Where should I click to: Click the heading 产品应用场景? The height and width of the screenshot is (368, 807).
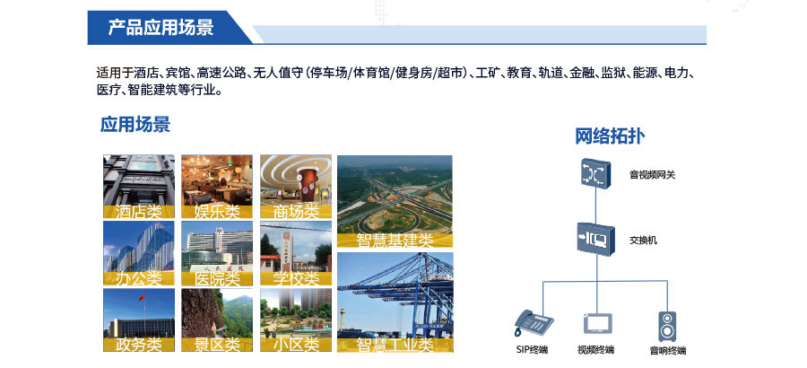[161, 27]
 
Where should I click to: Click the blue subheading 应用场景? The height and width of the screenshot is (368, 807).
[134, 125]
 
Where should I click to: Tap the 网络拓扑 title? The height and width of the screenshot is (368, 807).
[610, 136]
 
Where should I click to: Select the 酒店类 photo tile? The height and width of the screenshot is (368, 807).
[139, 187]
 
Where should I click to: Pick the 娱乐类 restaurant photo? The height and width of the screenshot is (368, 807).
[217, 187]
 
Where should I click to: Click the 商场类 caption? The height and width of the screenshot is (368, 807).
[296, 211]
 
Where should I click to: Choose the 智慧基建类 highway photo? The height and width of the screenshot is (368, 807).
[395, 202]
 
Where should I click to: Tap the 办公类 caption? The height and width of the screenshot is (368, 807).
[138, 279]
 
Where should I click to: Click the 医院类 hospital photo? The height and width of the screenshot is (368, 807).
[217, 254]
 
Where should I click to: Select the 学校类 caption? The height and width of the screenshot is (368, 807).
[296, 279]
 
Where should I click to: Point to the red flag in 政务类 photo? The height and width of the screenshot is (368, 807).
[142, 297]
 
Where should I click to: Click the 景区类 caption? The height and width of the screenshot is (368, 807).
[217, 345]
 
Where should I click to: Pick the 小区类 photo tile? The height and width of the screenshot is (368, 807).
[296, 320]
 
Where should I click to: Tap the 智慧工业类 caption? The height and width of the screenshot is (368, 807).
[395, 345]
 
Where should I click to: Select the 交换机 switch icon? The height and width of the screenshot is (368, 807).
[596, 238]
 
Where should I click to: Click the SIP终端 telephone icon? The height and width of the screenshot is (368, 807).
[534, 322]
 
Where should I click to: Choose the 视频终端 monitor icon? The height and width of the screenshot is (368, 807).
[597, 324]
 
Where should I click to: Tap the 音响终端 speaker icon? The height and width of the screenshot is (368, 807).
[667, 326]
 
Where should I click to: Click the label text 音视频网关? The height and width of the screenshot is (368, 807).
[652, 175]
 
